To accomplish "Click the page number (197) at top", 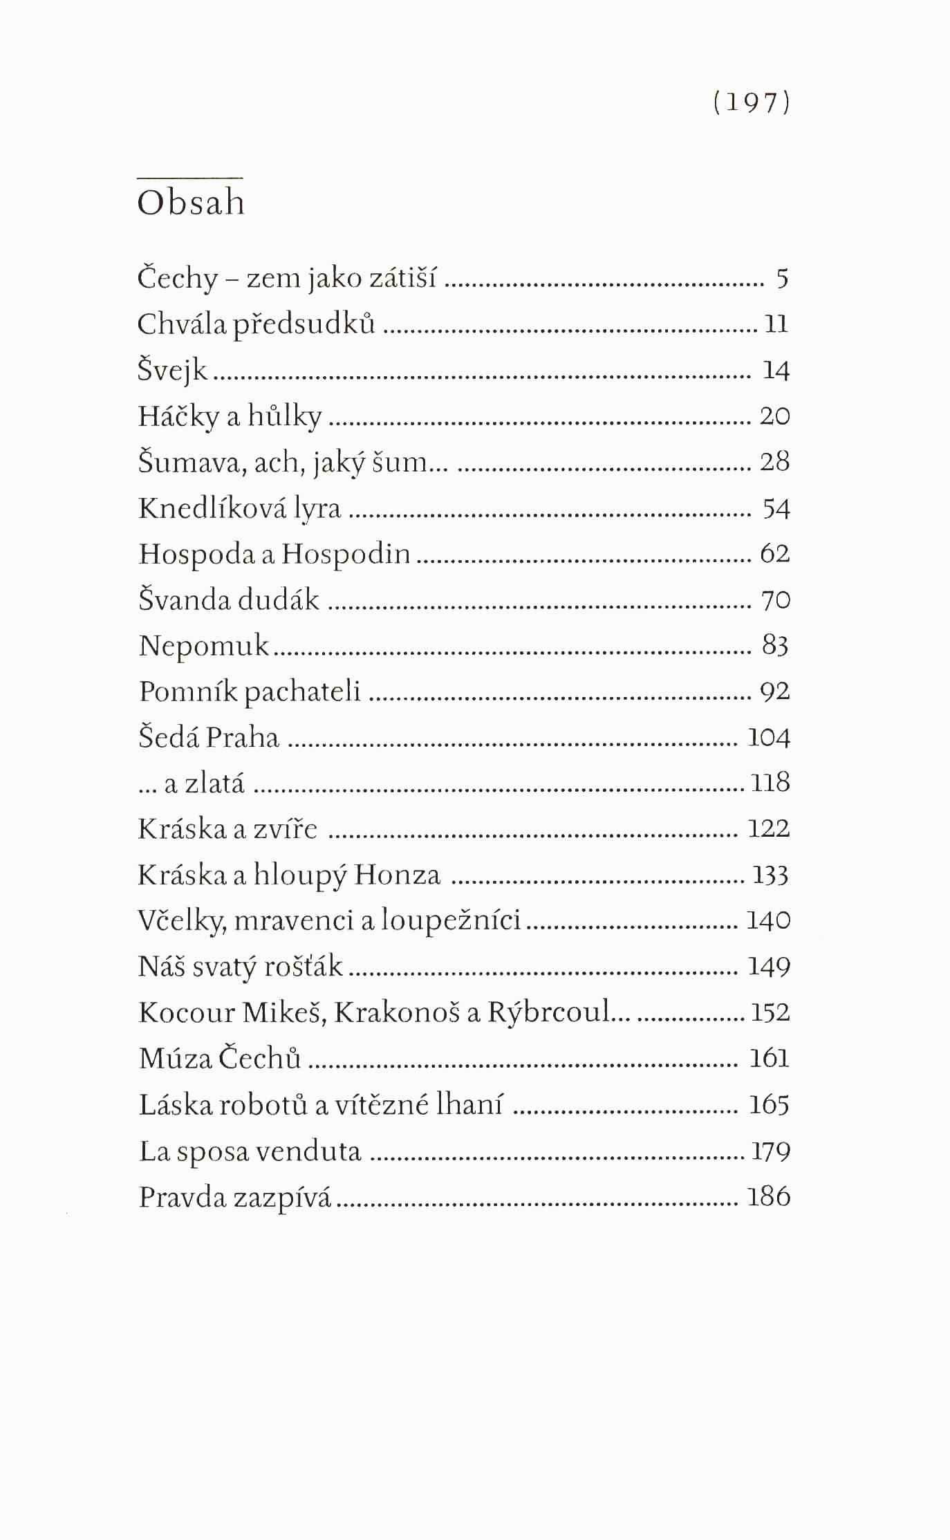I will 751,103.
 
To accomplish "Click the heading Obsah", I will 191,203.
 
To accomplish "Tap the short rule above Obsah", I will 191,177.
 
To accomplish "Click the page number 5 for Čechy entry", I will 782,279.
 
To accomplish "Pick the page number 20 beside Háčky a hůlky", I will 774,416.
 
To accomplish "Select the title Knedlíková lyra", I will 239,508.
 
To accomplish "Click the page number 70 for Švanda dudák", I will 775,600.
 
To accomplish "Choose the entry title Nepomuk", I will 203,646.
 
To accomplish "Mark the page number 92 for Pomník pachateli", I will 774,692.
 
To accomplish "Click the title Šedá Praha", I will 208,737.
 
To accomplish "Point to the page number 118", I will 770,783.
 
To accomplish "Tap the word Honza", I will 397,875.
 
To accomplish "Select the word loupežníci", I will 451,921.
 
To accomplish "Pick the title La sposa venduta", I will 250,1151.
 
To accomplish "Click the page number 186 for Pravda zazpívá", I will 768,1197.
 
